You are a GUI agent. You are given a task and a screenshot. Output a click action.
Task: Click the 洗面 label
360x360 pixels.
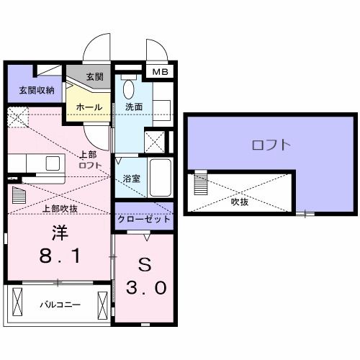[x=135, y=107]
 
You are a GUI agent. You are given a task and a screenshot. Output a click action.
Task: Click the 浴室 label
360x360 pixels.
[x=130, y=177]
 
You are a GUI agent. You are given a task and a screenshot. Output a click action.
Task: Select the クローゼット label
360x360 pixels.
[x=144, y=219]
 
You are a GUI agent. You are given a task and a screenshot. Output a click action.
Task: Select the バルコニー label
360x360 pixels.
[x=59, y=305]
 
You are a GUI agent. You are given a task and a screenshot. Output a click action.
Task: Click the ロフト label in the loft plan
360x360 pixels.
[x=271, y=145]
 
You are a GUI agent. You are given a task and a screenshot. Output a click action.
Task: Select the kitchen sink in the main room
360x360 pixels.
[x=53, y=163]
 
